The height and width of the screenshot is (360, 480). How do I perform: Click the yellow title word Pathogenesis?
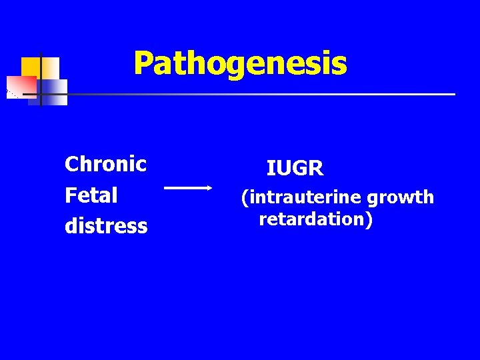(240, 64)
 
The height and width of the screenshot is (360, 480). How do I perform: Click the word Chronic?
(105, 164)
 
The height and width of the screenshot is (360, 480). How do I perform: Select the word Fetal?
(91, 195)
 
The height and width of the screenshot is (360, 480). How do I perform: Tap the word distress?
(106, 226)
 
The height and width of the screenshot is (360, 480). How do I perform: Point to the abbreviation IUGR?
(295, 169)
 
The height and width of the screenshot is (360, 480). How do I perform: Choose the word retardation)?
(315, 219)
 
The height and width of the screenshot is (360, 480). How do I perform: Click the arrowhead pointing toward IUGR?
(209, 189)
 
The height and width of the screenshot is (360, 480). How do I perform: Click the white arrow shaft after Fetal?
(187, 189)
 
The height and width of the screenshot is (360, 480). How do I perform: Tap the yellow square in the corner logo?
(31, 67)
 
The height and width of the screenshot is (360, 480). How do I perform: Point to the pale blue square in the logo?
(54, 91)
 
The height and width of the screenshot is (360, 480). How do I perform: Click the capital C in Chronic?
(71, 164)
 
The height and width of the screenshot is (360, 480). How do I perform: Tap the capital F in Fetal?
(70, 195)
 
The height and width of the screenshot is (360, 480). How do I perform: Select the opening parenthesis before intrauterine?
(245, 198)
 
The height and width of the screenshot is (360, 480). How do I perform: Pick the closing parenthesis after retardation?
(368, 219)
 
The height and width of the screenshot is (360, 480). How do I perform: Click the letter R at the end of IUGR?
(317, 169)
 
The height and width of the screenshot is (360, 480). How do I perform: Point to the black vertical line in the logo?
(41, 79)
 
